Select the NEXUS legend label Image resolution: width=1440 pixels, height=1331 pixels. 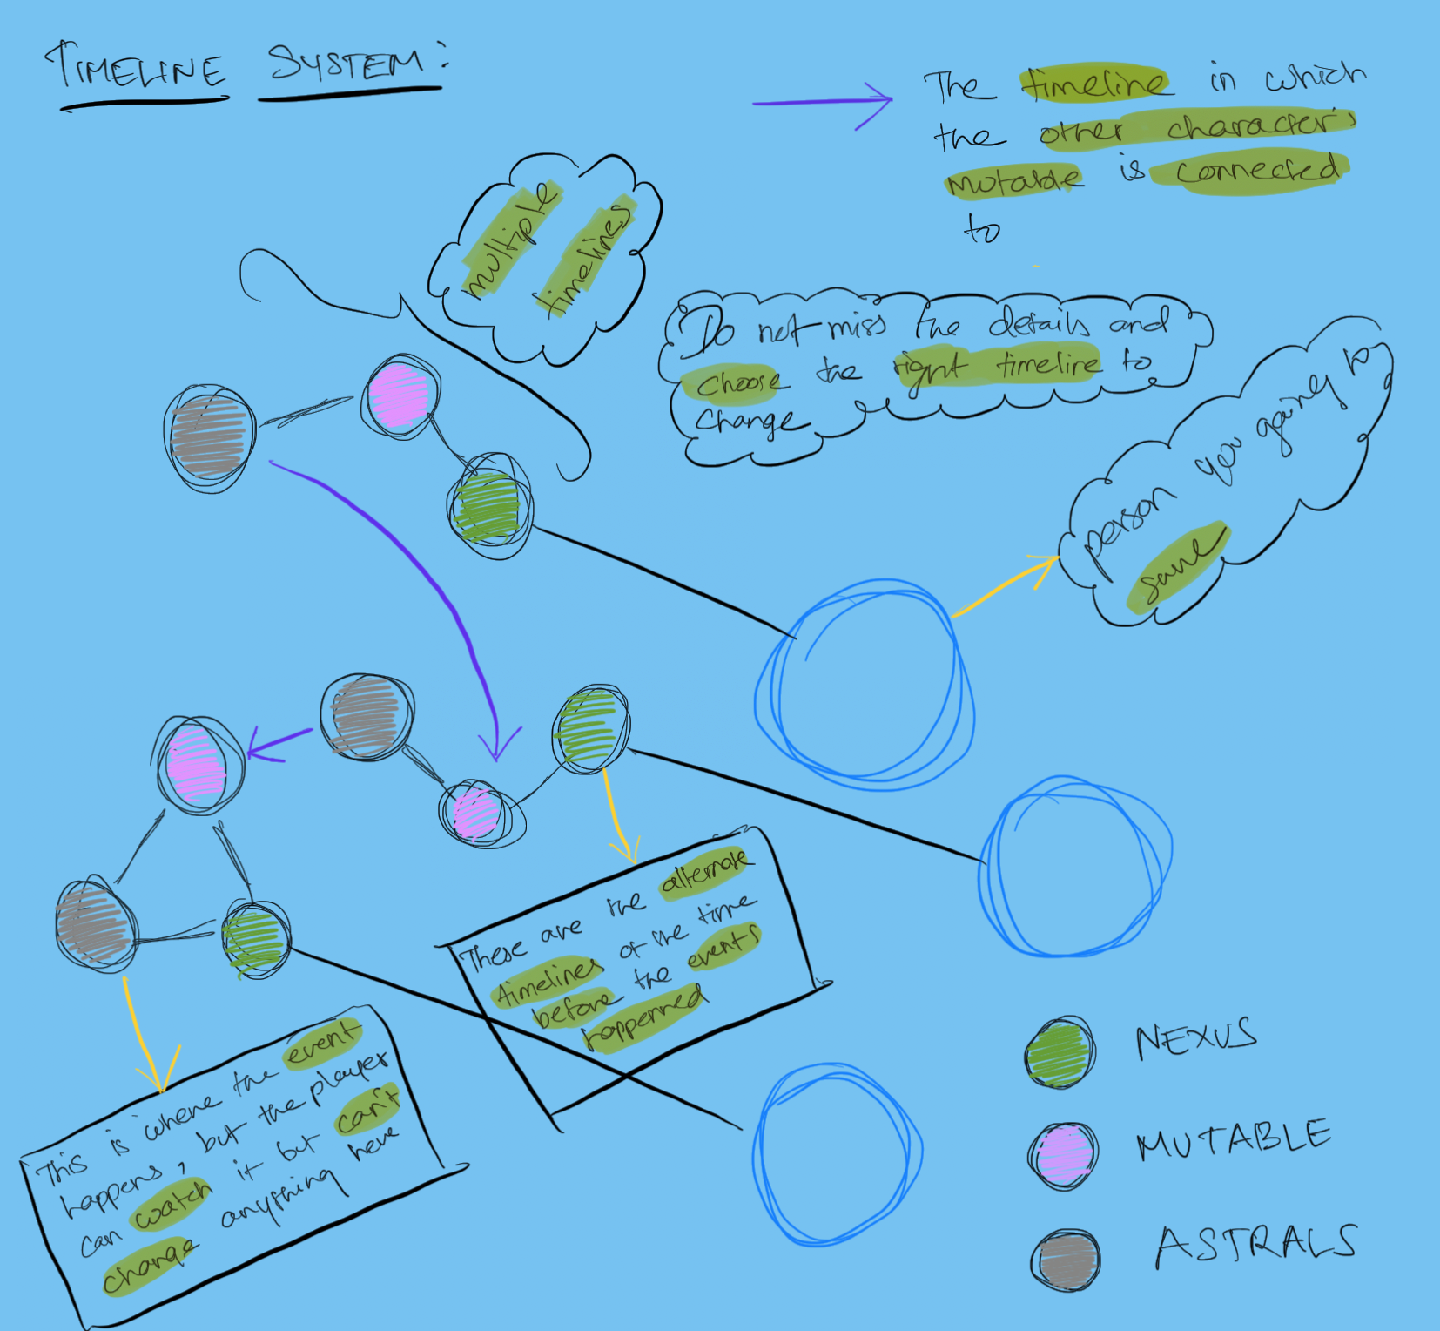click(x=1196, y=1039)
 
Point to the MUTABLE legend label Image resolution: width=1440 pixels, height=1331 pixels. click(x=1233, y=1139)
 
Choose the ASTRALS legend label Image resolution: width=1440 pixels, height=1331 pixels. click(x=1255, y=1245)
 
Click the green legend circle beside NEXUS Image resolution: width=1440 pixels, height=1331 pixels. click(x=1060, y=1052)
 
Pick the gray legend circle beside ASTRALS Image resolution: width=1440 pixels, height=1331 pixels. click(x=1067, y=1260)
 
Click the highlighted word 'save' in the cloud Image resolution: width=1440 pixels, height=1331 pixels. click(x=1177, y=567)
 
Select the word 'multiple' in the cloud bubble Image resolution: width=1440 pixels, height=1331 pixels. click(x=510, y=240)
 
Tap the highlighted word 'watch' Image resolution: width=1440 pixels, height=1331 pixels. click(x=172, y=1205)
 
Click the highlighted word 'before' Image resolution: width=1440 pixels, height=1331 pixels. click(x=572, y=1006)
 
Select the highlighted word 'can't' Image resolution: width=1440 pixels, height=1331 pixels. click(x=367, y=1109)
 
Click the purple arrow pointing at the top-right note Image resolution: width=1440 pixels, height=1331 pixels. click(x=823, y=102)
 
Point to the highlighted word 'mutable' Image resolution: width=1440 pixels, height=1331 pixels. click(x=1013, y=181)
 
